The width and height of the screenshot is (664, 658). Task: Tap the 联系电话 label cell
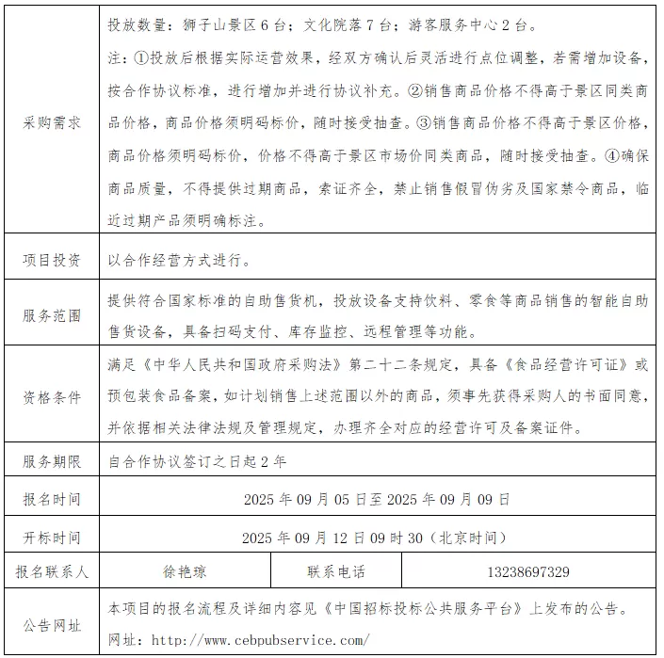tap(335, 571)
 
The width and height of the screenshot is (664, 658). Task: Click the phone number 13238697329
tap(528, 571)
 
